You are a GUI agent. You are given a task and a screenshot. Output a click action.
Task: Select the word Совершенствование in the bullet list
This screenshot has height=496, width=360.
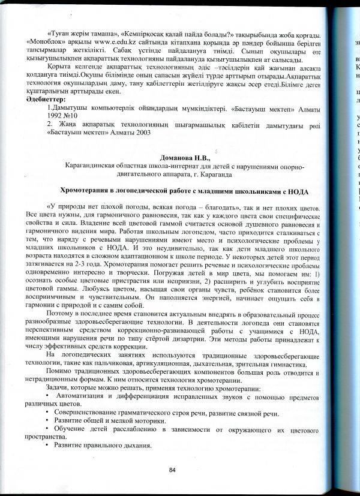coord(89,414)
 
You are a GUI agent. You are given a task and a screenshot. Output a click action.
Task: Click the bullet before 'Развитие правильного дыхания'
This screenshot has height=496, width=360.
coord(47,447)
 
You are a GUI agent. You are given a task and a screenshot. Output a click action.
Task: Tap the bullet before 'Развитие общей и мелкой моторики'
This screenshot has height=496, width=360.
coord(47,422)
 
